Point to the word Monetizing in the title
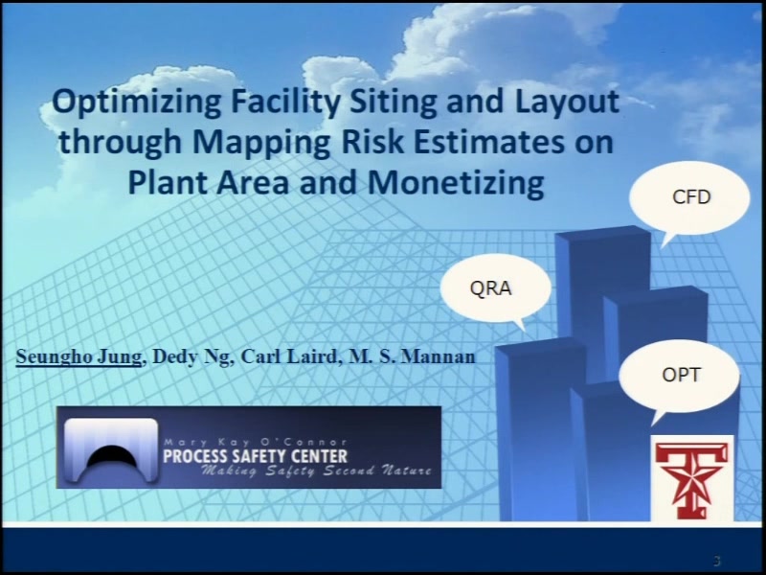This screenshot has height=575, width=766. [456, 182]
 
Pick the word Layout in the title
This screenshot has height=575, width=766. [567, 103]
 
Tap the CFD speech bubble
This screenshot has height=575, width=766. [689, 199]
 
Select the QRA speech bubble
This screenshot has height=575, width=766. [495, 288]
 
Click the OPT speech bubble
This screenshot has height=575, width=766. [680, 376]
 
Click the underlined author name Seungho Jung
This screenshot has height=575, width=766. [79, 356]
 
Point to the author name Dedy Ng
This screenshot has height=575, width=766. [191, 356]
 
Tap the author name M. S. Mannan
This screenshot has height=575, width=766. [412, 356]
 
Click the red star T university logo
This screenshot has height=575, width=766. [691, 479]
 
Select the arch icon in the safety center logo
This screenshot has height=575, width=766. [111, 450]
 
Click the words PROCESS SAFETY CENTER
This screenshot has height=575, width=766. [255, 457]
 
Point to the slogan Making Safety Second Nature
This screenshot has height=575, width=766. [317, 471]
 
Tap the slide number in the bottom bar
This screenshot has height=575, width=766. [716, 561]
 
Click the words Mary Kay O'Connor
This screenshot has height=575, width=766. [255, 443]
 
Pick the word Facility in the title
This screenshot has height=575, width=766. [285, 103]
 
